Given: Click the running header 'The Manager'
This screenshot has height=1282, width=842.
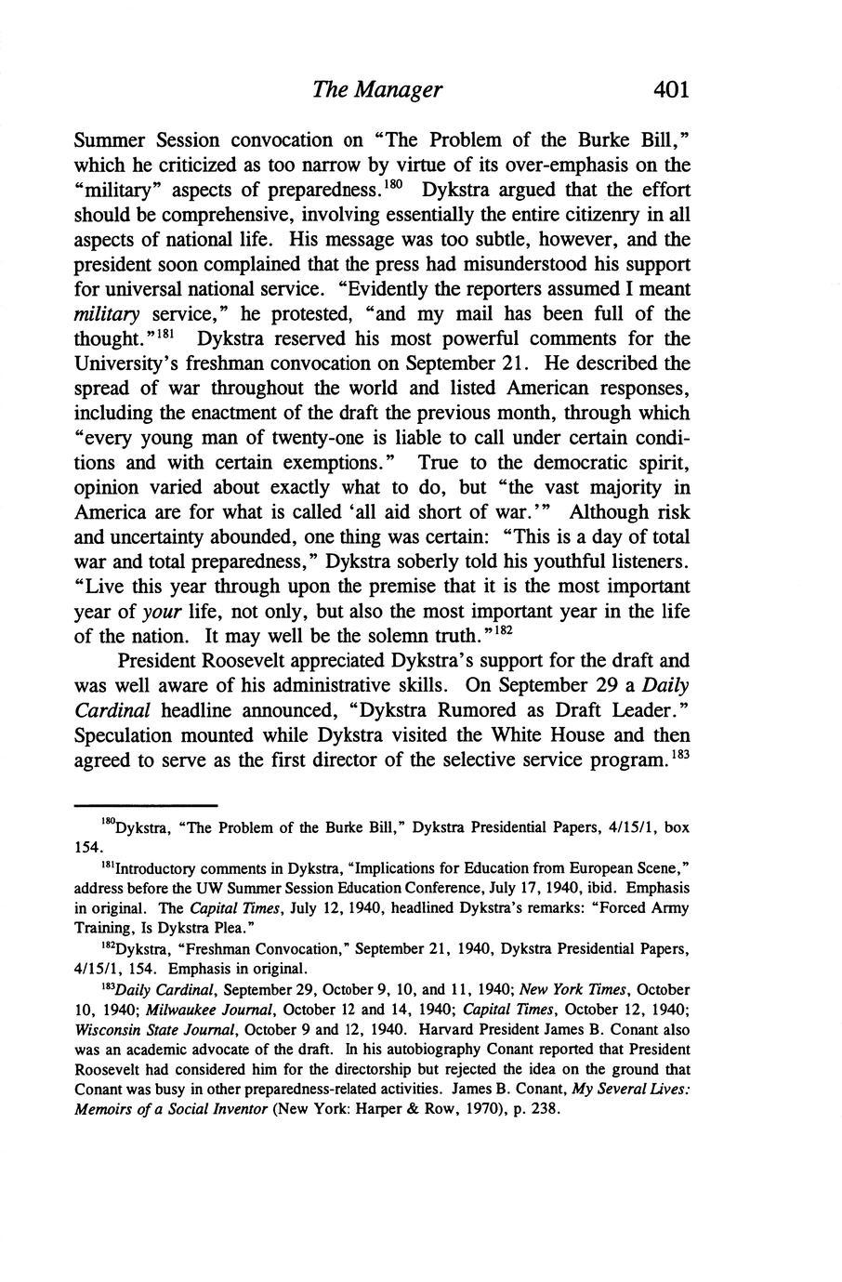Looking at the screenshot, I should [x=376, y=89].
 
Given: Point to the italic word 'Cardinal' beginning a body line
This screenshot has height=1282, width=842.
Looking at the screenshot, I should [x=112, y=710].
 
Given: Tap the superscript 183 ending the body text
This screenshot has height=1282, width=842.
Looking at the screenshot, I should [x=678, y=753].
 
